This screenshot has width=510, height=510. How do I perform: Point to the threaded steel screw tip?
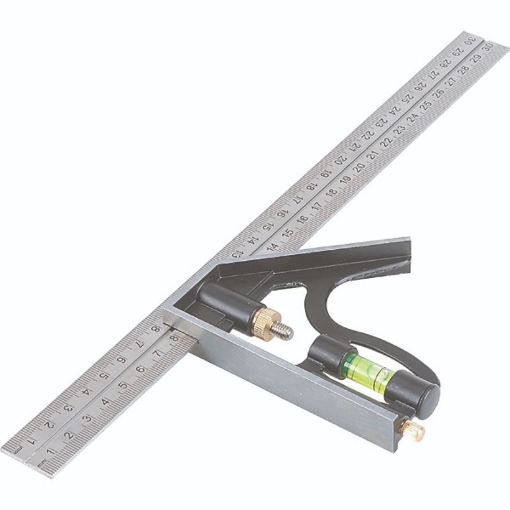tap(282, 331)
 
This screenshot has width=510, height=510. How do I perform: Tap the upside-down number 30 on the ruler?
tap(470, 40)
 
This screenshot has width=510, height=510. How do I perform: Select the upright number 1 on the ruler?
tap(50, 451)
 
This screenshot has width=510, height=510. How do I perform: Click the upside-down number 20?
tap(341, 159)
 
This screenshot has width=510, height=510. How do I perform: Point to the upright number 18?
tap(331, 193)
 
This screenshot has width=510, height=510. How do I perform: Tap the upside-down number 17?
tap(298, 198)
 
